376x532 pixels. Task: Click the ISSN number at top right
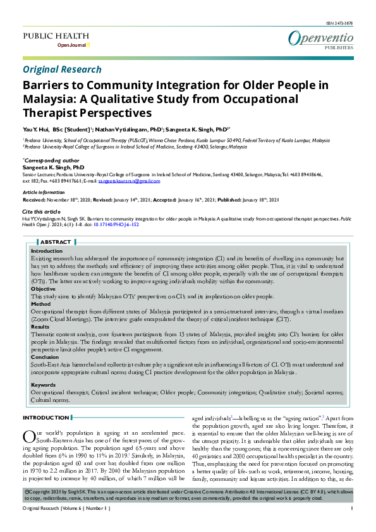point(341,23)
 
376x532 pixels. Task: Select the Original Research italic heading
point(62,70)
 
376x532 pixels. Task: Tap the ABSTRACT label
point(56,242)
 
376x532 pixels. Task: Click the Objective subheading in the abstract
point(43,289)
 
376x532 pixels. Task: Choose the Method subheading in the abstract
point(41,304)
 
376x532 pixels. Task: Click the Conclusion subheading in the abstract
point(45,357)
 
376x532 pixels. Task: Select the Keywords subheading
point(44,385)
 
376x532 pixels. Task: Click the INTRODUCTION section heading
point(45,418)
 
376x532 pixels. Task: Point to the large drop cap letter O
point(28,435)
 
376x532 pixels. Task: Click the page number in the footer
point(351,526)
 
